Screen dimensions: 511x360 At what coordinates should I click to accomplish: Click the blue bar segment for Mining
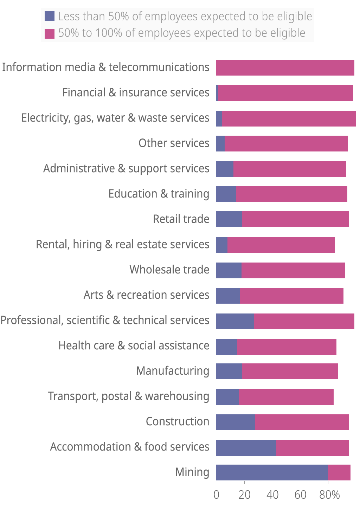pos(272,472)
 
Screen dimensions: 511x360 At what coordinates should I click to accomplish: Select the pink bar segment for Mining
pos(339,472)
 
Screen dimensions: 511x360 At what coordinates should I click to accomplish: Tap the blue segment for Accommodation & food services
pos(246,447)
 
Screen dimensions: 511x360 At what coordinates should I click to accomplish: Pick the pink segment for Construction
pos(302,422)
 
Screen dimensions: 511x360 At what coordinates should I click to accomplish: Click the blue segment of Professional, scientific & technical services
pos(235,321)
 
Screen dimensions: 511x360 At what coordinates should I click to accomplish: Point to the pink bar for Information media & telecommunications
pos(285,67)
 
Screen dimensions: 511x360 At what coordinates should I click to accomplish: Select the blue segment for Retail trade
pos(229,219)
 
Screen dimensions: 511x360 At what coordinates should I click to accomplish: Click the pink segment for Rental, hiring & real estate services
pos(281,245)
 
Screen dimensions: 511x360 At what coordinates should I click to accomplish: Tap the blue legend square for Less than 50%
pos(50,16)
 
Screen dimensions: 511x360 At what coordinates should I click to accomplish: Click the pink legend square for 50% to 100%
pos(50,33)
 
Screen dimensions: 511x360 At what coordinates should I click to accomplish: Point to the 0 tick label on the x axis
pos(216,495)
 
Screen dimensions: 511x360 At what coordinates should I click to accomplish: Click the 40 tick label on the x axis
pos(272,495)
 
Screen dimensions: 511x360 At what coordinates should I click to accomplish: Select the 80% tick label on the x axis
pos(329,495)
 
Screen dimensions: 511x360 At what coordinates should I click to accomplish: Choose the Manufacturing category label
pos(173,371)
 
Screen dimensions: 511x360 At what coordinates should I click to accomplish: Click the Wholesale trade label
pos(169,270)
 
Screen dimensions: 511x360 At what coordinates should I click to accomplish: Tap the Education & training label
pos(159,194)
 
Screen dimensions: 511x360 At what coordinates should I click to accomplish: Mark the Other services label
pos(174,143)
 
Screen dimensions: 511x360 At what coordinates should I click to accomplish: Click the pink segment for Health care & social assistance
pos(287,347)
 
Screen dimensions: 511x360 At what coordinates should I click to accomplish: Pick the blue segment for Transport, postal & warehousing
pos(227,397)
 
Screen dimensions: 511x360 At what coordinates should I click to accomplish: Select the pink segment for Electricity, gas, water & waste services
pos(289,118)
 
